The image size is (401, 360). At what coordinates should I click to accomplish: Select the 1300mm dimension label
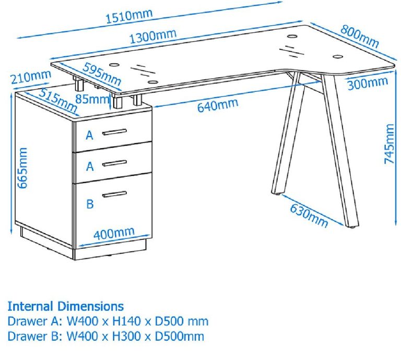152,37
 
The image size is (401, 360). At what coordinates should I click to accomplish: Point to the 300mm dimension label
368,83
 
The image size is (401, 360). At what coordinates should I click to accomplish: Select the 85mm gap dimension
100,98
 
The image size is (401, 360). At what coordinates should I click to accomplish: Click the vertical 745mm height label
390,144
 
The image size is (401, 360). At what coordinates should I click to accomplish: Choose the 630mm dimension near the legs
309,213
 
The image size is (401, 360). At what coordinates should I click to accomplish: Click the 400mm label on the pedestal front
114,234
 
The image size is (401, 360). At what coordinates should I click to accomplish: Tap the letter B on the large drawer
90,204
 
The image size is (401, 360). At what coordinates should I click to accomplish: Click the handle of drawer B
114,194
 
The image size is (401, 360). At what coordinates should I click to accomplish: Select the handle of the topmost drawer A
114,131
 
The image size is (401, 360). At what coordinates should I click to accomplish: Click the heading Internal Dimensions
66,306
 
